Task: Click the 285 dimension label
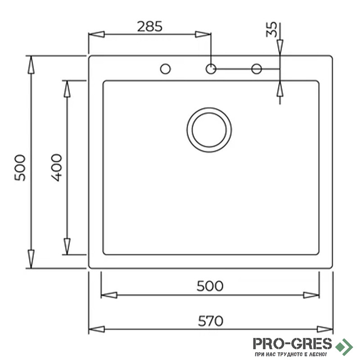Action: (150, 27)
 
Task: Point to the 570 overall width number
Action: (211, 321)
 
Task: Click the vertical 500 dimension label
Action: (20, 168)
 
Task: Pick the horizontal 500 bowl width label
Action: (210, 286)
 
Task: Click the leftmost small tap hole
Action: (165, 69)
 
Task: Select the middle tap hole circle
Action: (211, 69)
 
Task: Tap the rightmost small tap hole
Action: (256, 69)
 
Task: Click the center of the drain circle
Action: (209, 130)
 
